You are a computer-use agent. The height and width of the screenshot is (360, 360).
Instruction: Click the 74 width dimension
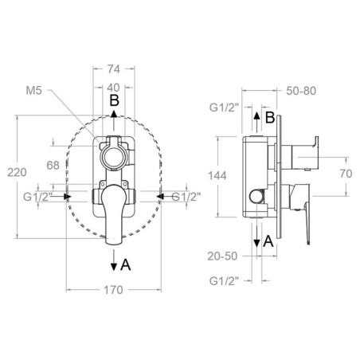point(114,69)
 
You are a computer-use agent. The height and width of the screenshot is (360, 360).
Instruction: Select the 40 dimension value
point(114,88)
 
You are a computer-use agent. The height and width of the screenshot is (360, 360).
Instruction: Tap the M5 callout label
point(34,91)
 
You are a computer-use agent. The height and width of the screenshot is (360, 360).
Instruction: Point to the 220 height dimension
point(17,173)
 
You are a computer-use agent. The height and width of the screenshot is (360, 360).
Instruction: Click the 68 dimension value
point(53,166)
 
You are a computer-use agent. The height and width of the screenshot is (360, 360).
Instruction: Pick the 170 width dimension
point(113,290)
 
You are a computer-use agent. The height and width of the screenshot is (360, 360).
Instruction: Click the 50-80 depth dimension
point(301,91)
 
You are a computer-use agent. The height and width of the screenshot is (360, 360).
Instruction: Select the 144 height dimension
point(217,176)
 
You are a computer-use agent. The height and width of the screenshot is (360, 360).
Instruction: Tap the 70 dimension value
point(346,174)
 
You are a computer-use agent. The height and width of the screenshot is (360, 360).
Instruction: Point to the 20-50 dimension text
point(222,256)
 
